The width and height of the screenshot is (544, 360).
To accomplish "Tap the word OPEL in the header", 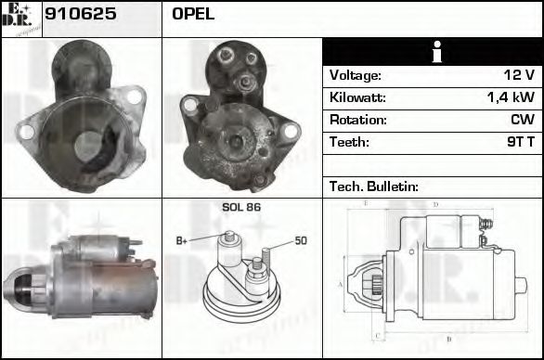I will [x=192, y=14].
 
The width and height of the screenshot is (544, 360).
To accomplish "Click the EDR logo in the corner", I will [x=20, y=18].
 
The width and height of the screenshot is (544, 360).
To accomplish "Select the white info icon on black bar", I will [x=432, y=52].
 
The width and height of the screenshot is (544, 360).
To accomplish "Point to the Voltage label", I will [x=355, y=75].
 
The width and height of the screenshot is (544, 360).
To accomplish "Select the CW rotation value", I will [x=522, y=120].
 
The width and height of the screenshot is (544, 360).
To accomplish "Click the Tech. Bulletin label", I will [x=373, y=186].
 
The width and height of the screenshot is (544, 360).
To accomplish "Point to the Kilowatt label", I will [x=357, y=97].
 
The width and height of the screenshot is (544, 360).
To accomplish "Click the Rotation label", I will [x=356, y=120].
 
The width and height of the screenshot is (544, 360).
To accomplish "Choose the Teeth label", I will [x=349, y=142].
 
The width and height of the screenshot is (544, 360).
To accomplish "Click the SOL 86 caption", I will [x=241, y=207].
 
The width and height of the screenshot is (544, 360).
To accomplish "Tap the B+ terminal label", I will [x=182, y=241].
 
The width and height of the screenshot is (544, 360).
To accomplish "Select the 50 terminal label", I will [x=301, y=241].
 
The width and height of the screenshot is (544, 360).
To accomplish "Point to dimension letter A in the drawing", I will [x=341, y=284].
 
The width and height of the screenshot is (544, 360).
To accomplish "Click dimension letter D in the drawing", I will [x=435, y=204].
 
